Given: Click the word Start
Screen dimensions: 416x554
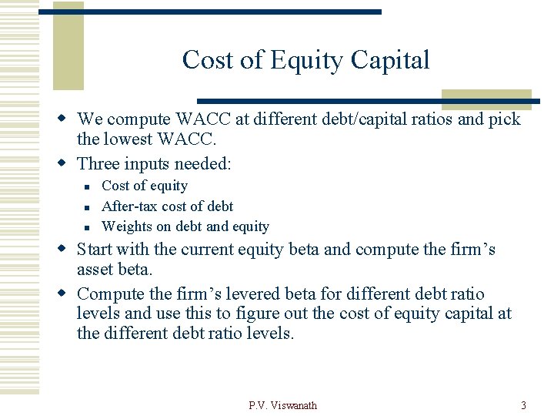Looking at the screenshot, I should pyautogui.click(x=95, y=250).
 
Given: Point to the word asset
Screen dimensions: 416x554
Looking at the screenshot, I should pyautogui.click(x=96, y=270).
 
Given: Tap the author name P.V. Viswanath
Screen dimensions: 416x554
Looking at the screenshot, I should pyautogui.click(x=282, y=405).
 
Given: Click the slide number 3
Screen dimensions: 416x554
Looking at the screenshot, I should pyautogui.click(x=523, y=405).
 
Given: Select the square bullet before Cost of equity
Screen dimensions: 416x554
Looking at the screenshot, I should pyautogui.click(x=88, y=186).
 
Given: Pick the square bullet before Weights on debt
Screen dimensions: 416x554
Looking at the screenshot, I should pyautogui.click(x=88, y=227).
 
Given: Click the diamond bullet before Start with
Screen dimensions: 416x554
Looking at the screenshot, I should pyautogui.click(x=65, y=250).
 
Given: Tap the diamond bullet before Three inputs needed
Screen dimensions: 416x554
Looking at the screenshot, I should pyautogui.click(x=65, y=163).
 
